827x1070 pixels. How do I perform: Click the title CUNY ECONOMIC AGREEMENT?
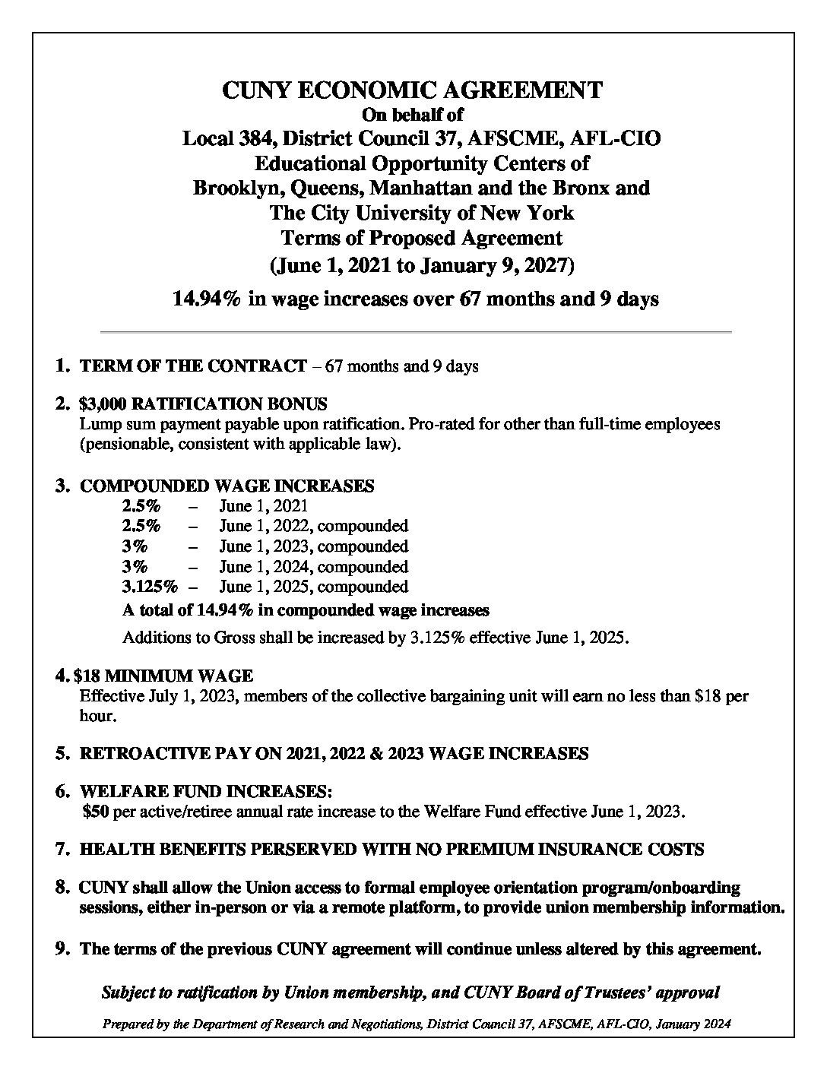[412, 90]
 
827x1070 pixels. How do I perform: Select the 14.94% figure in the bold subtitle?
[207, 299]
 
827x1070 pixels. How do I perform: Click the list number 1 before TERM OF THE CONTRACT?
[61, 366]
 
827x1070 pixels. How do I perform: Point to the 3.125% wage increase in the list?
[150, 587]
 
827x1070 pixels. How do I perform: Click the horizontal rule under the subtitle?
[416, 332]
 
